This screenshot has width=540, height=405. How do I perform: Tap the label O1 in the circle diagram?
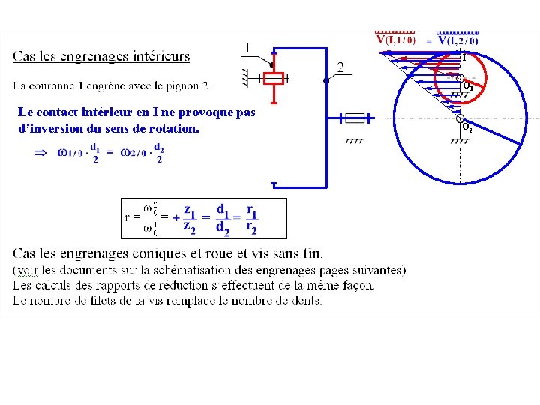pos(466,86)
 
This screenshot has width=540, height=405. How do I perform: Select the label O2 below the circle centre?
pos(466,128)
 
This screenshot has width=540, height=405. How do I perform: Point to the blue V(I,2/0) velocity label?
pos(458,40)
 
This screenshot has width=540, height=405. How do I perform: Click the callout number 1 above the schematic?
pos(246,49)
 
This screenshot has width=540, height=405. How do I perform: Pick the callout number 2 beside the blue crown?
pos(341,67)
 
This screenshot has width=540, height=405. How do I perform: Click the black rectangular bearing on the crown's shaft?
pos(355,118)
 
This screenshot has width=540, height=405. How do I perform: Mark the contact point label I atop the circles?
pos(463,56)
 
